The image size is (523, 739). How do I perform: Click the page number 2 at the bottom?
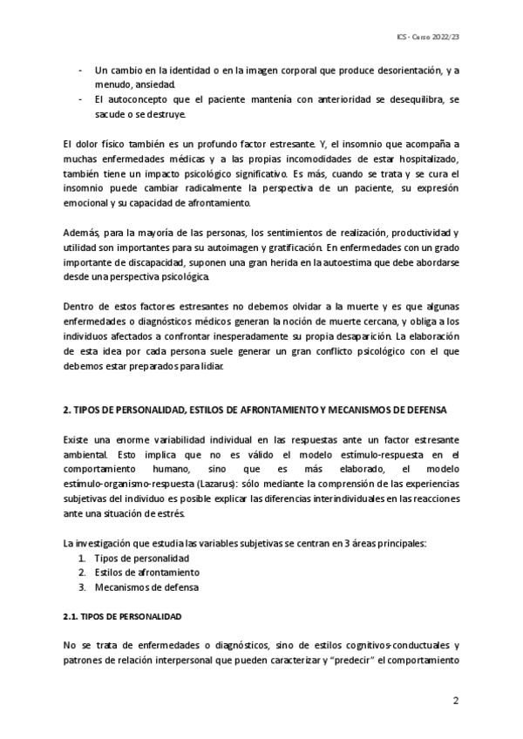click(x=455, y=701)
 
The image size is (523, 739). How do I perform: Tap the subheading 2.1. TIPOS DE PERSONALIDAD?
click(x=122, y=617)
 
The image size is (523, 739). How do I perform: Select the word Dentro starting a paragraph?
click(x=81, y=307)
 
